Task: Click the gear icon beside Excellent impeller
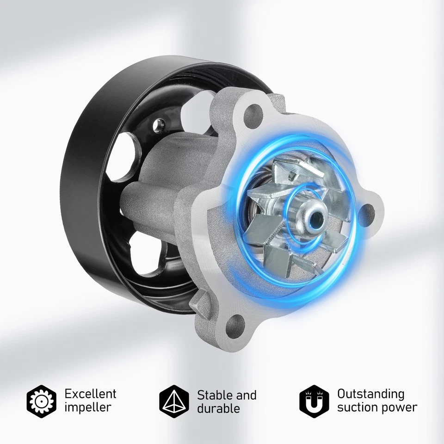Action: pyautogui.click(x=42, y=400)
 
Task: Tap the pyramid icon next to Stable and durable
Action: pyautogui.click(x=174, y=400)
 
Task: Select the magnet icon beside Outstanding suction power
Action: pyautogui.click(x=314, y=400)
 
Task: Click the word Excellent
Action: pyautogui.click(x=90, y=394)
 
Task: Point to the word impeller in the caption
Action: pyautogui.click(x=88, y=407)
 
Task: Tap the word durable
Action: pyautogui.click(x=218, y=408)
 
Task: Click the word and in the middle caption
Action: pyautogui.click(x=247, y=395)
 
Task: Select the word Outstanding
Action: pyautogui.click(x=370, y=394)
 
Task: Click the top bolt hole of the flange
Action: pyautogui.click(x=253, y=111)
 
